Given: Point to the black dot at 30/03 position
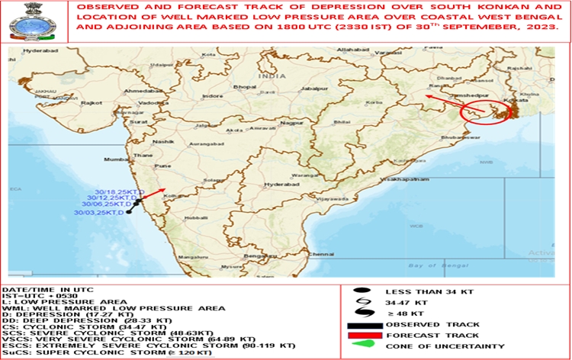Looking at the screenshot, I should (129, 212).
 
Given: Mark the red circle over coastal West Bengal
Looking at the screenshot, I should (486, 113).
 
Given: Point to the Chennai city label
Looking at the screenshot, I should (323, 253).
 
